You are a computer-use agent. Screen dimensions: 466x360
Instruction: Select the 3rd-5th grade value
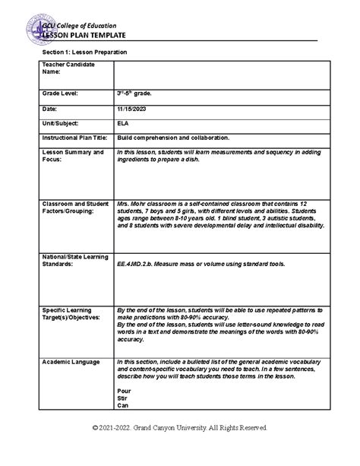click(x=137, y=93)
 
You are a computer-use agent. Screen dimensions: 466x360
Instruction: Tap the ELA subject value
click(x=123, y=122)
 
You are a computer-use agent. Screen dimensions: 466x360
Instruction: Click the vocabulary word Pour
click(x=124, y=389)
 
